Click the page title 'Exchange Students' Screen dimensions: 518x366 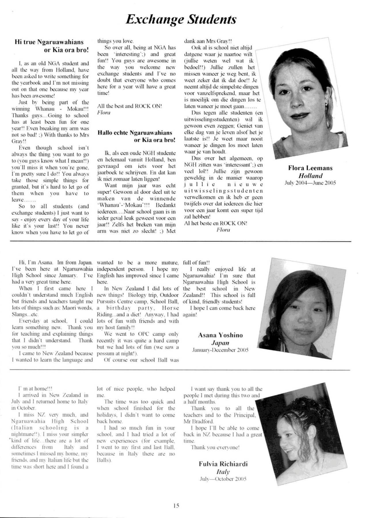[x=181, y=20]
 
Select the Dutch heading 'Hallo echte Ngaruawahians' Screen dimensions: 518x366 [x=135, y=133]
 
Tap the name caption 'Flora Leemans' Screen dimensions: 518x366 [x=310, y=168]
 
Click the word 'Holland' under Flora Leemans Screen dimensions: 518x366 [x=310, y=176]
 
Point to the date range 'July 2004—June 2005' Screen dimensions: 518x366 [x=310, y=183]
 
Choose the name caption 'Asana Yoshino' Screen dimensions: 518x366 [x=220, y=335]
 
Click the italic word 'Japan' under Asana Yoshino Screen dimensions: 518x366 [x=220, y=343]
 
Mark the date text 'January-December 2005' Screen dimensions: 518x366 [x=220, y=350]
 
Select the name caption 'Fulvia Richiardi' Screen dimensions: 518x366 [x=223, y=464]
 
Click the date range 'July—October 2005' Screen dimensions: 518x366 [x=223, y=479]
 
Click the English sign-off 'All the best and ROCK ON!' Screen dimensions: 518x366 [x=129, y=106]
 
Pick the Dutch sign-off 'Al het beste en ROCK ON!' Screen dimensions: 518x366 [x=215, y=223]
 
